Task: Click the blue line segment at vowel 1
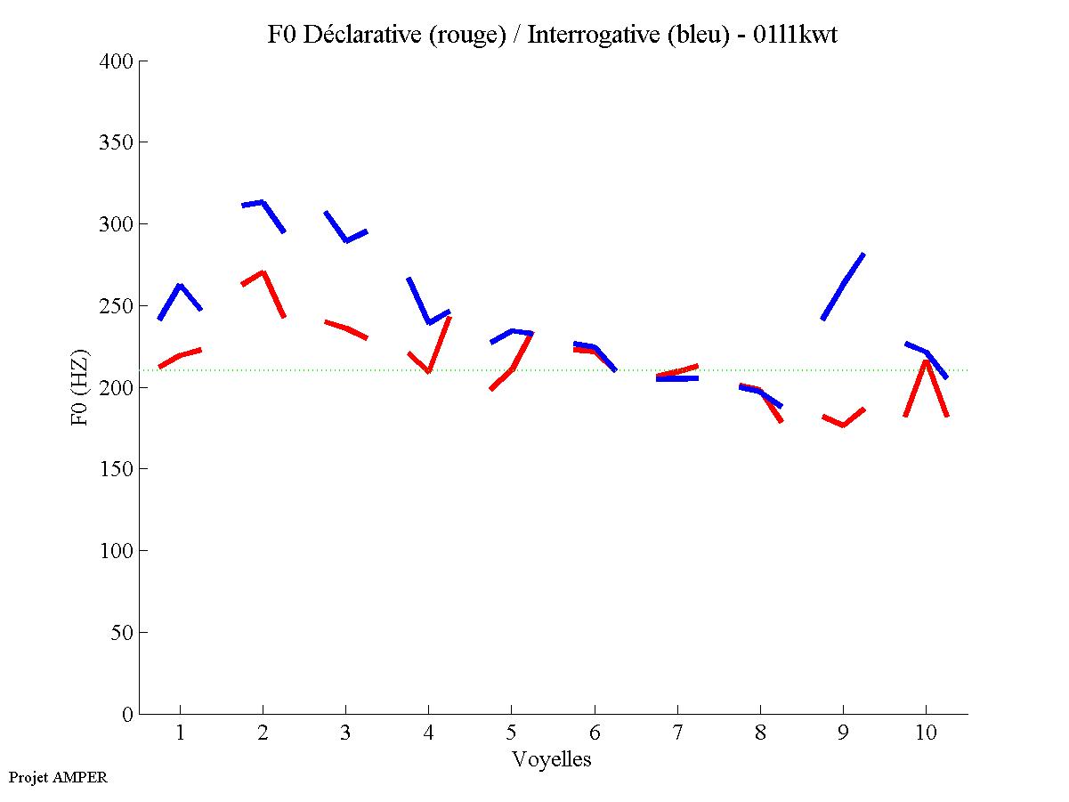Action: click(x=180, y=286)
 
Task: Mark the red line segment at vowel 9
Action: click(x=843, y=425)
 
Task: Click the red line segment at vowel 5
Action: click(x=512, y=368)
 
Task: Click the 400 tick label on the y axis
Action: click(x=117, y=61)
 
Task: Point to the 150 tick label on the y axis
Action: click(x=117, y=469)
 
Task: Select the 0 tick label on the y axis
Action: click(x=128, y=714)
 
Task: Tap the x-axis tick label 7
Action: click(x=677, y=734)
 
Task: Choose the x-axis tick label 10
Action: click(x=926, y=734)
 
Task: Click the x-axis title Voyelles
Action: click(x=552, y=759)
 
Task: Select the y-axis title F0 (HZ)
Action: click(x=79, y=387)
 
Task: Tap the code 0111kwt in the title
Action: click(x=794, y=36)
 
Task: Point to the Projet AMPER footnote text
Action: click(x=58, y=777)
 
